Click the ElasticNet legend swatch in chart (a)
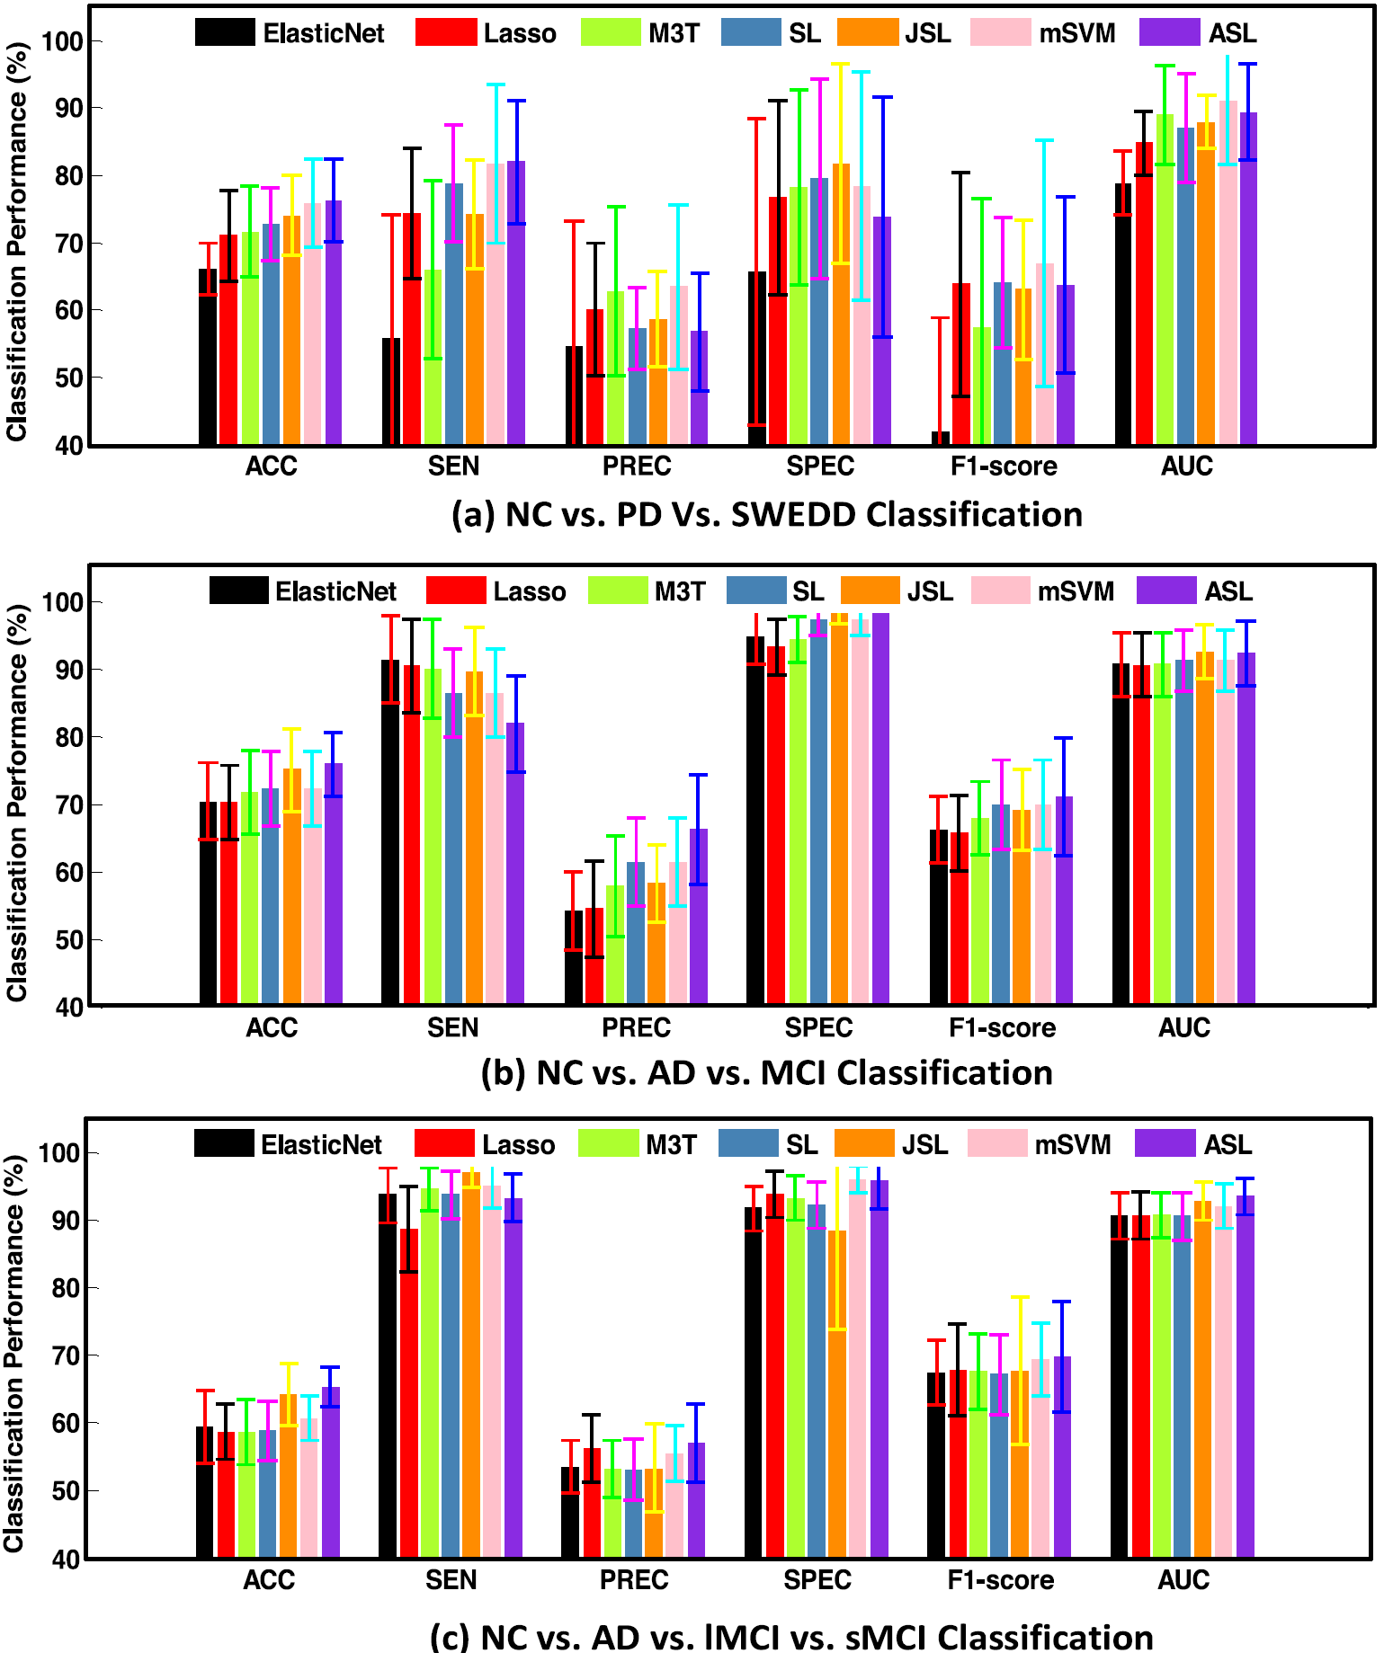tap(225, 32)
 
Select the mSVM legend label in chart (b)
tap(1076, 591)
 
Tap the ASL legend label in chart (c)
tap(1228, 1144)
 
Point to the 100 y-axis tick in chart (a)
tap(61, 41)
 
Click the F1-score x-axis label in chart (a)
tap(1004, 466)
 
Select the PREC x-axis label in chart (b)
tap(636, 1026)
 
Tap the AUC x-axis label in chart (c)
tap(1183, 1579)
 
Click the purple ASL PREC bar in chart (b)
tap(699, 916)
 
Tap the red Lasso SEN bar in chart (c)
tap(408, 1393)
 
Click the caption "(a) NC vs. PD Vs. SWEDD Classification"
tap(766, 514)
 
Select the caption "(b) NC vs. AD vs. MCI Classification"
tap(766, 1073)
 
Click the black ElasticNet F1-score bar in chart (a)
tap(940, 439)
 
